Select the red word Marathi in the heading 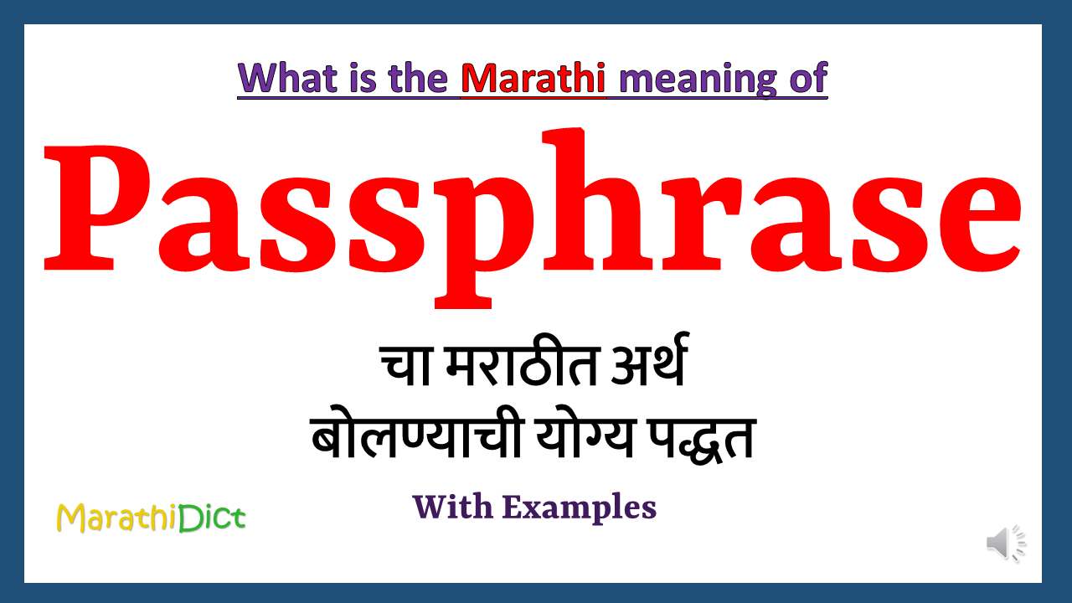[533, 78]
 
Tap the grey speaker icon [1006, 544]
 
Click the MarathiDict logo [151, 518]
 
